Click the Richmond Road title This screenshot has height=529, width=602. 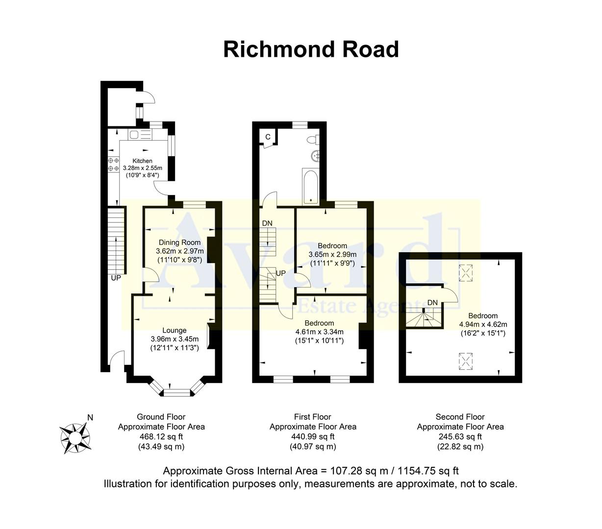click(311, 49)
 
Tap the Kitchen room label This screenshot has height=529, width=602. click(142, 161)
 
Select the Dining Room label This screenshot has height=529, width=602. click(179, 242)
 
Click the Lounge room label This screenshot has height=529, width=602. click(175, 331)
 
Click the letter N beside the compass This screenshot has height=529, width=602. click(90, 418)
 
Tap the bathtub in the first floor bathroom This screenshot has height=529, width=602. click(311, 186)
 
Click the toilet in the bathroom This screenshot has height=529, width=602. click(313, 140)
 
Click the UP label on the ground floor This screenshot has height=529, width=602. click(116, 278)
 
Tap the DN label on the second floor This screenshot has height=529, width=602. click(432, 303)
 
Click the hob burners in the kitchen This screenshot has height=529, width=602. click(113, 164)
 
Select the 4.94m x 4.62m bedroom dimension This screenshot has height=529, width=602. click(483, 324)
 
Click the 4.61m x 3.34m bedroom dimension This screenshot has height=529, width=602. click(319, 332)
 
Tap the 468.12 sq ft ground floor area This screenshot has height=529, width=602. click(161, 436)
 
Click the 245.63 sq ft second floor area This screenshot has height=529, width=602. click(460, 436)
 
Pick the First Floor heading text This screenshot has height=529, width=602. click(312, 417)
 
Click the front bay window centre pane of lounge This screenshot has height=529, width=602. click(176, 392)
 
